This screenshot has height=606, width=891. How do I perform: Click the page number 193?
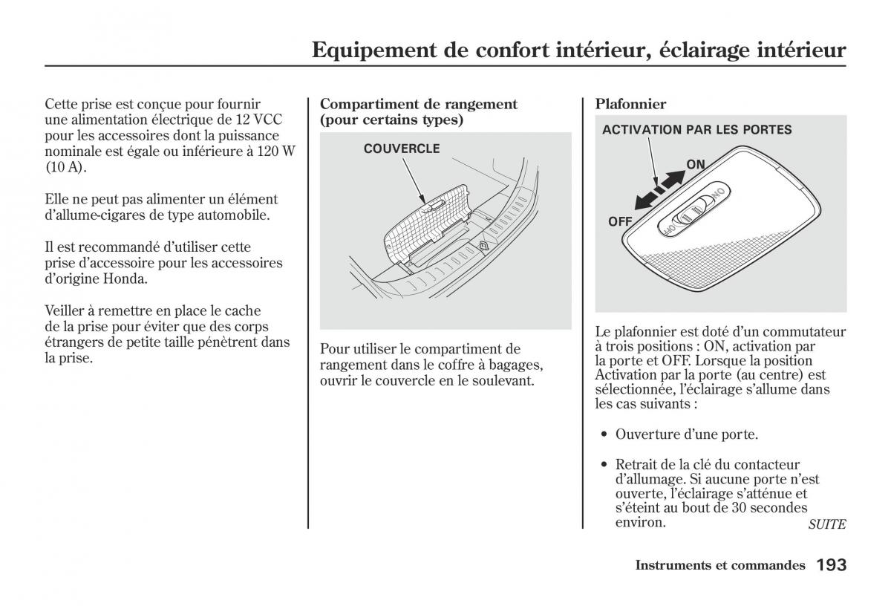831,566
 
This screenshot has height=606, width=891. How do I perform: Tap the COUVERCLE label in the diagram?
402,149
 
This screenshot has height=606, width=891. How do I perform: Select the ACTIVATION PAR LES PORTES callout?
696,130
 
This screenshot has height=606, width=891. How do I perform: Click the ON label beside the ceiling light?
696,164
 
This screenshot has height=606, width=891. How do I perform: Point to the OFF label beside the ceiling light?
620,221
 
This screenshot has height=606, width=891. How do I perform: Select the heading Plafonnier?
630,105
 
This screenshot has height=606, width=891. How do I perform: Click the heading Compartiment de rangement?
418,105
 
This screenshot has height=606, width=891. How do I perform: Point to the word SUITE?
826,524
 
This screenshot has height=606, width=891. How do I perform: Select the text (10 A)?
65,167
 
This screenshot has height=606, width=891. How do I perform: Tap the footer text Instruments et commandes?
719,566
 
